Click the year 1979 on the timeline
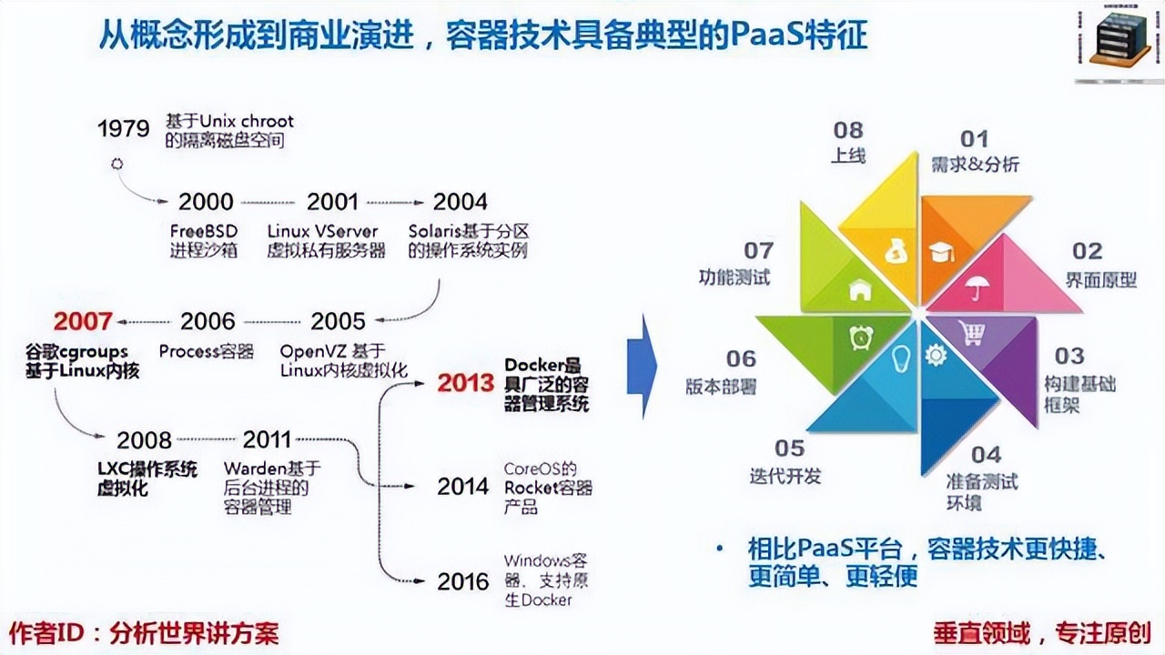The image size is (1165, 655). tap(124, 128)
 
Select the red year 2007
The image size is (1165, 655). tap(83, 321)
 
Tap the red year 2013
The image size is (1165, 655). tap(466, 383)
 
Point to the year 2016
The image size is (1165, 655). tap(462, 581)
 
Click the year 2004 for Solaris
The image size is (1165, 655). tap(460, 202)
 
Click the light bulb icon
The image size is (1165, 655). tap(900, 356)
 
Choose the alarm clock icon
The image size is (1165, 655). tap(859, 337)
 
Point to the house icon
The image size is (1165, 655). tap(859, 291)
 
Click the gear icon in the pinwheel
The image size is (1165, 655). tap(935, 355)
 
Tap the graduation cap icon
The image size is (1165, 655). tap(942, 252)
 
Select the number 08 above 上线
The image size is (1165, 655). tap(847, 130)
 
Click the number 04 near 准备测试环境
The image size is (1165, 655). tap(986, 454)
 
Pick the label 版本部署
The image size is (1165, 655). tap(721, 386)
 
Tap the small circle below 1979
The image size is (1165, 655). tap(116, 165)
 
